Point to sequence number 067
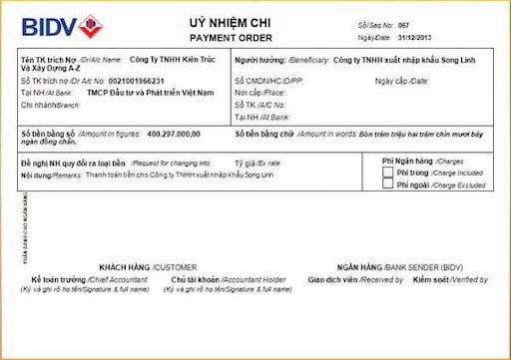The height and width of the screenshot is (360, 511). pos(404,24)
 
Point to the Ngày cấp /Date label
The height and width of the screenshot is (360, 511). pos(401,80)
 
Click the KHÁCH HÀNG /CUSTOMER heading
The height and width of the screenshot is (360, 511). pos(148,267)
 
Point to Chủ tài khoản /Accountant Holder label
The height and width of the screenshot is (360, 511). pos(215,279)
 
